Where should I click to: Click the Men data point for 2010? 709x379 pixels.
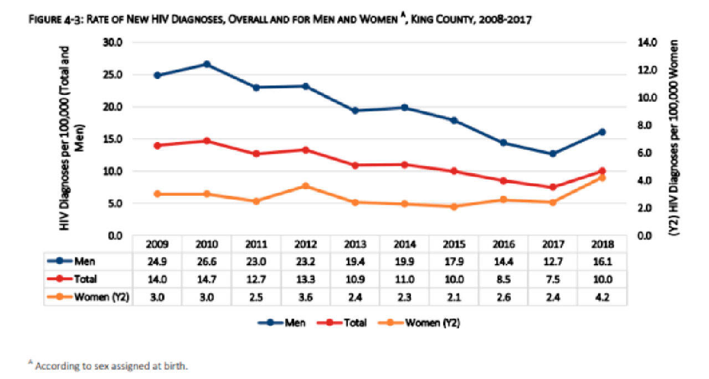coord(207,64)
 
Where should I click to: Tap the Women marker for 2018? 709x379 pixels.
coord(602,178)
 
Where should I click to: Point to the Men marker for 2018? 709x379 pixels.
coord(602,132)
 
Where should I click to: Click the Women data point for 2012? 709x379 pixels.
coord(306,186)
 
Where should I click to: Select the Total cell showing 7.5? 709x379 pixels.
coord(553,279)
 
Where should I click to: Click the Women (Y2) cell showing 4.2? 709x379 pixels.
coord(602,297)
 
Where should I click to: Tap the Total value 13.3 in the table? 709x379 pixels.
coord(306,279)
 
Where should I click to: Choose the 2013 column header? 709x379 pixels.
coord(355,245)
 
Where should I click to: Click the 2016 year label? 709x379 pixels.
coord(504,245)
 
